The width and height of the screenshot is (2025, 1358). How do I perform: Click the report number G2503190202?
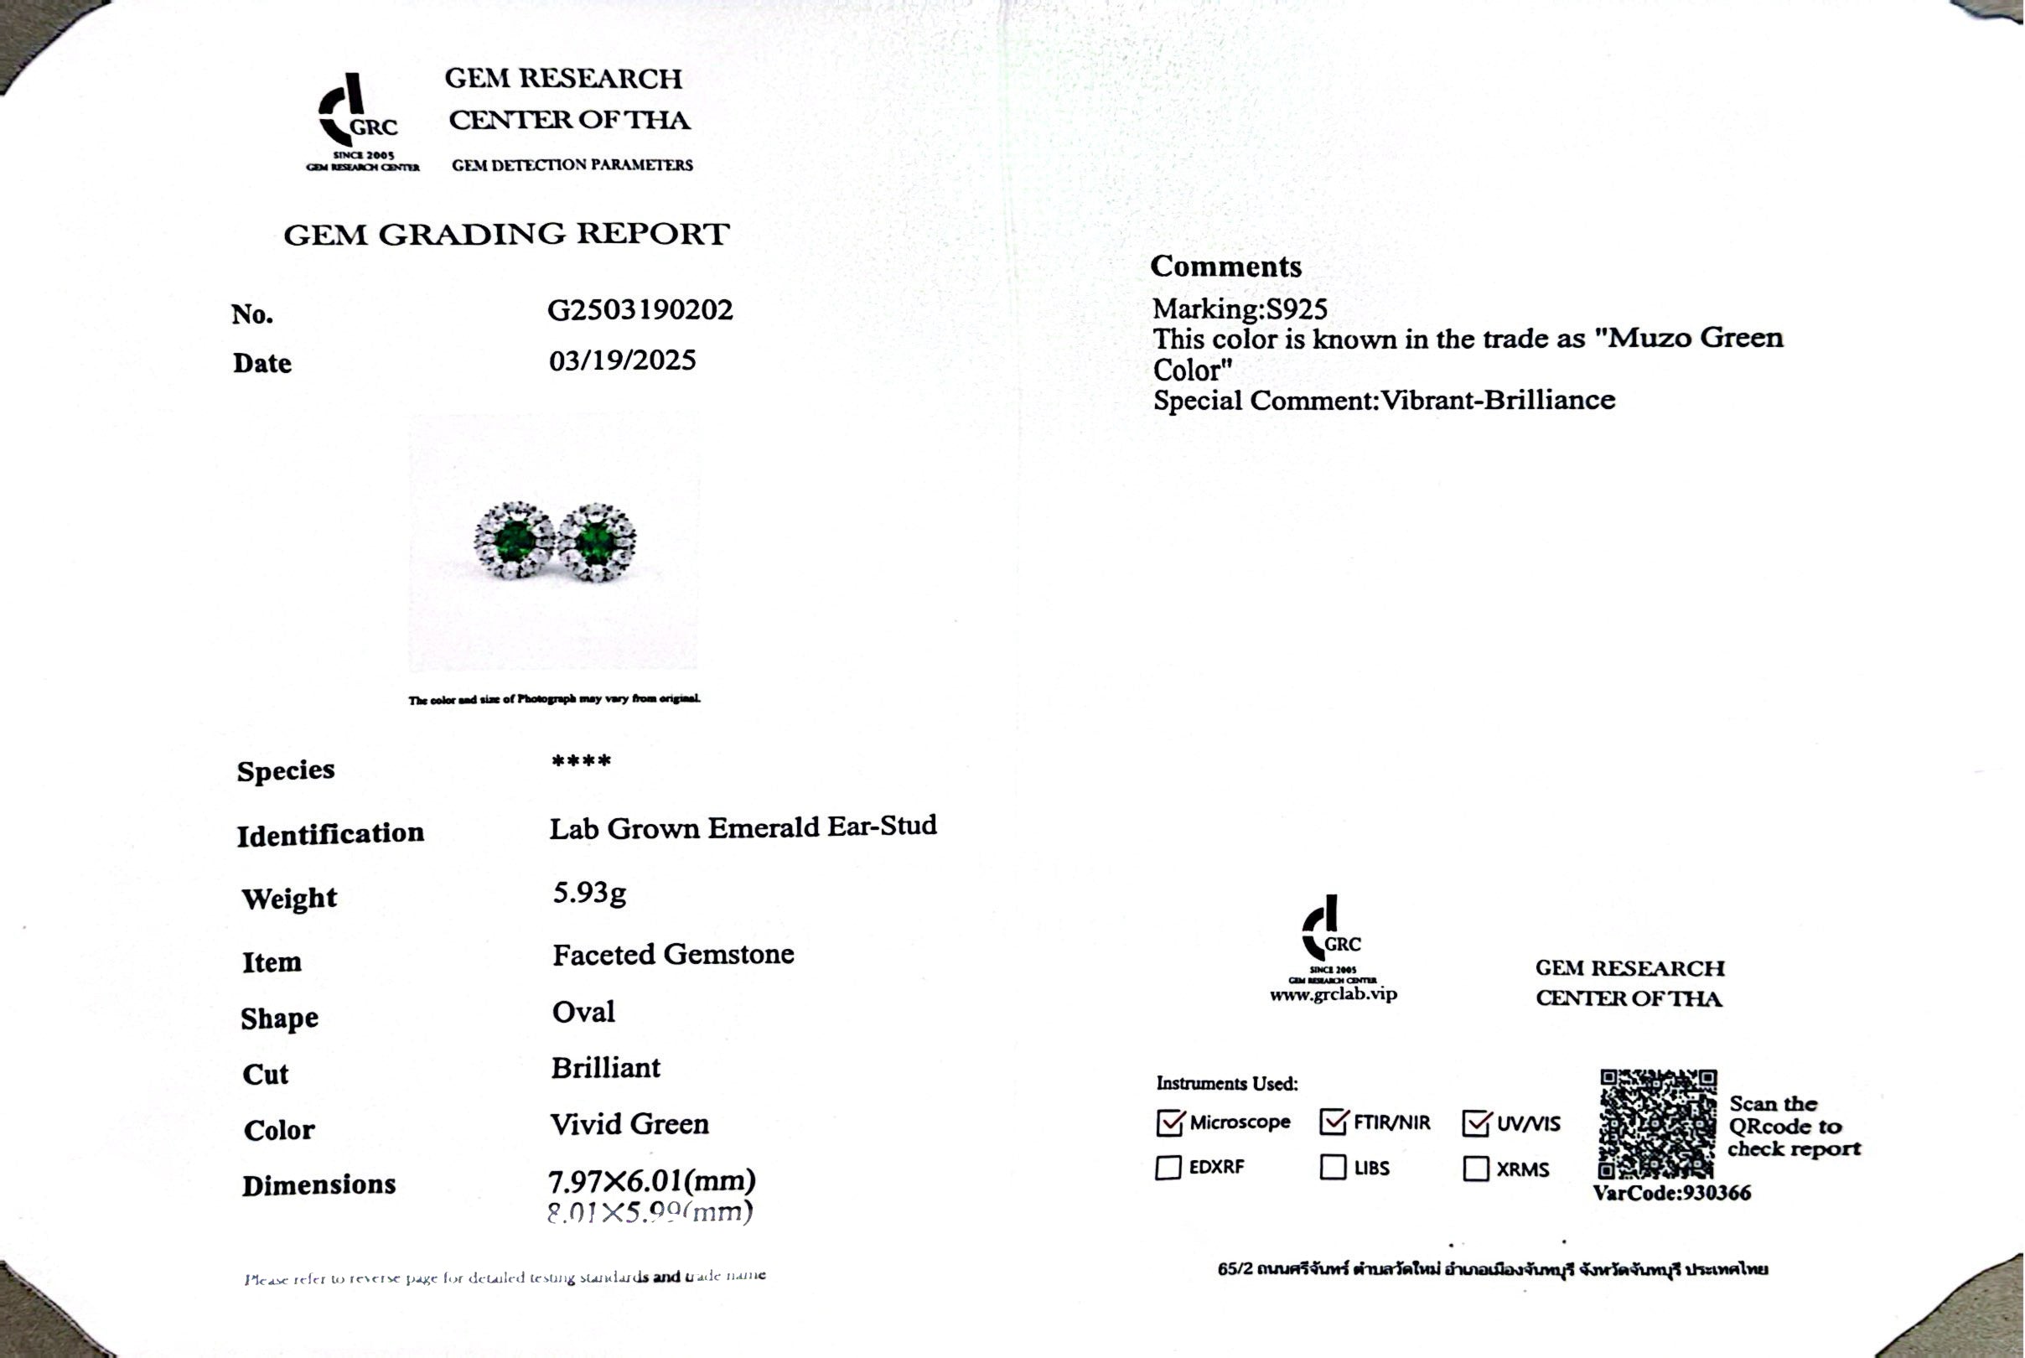[x=640, y=310]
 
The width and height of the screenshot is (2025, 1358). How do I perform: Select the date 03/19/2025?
[x=622, y=360]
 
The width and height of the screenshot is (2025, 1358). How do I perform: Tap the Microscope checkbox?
[x=1168, y=1122]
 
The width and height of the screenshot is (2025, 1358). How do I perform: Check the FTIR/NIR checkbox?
[x=1334, y=1122]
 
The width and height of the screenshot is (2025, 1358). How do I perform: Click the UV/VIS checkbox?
[x=1476, y=1122]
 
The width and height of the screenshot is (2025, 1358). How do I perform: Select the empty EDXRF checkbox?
[x=1168, y=1168]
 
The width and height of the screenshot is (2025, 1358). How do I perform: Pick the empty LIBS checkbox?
[x=1333, y=1168]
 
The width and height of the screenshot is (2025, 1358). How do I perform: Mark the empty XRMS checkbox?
[x=1475, y=1169]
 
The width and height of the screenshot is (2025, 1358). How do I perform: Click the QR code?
[x=1657, y=1123]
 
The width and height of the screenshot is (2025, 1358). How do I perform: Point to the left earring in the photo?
[x=515, y=541]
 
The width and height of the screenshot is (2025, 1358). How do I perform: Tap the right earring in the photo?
[x=597, y=542]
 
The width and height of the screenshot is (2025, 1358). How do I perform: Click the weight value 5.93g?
[x=588, y=892]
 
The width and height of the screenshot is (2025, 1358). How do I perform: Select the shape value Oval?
[x=583, y=1012]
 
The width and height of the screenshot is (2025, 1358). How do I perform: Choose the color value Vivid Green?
[x=629, y=1124]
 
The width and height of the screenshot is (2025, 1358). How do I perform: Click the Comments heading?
[x=1225, y=267]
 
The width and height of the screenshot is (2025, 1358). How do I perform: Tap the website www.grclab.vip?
[x=1334, y=994]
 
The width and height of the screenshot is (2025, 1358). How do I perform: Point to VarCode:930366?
[x=1671, y=1194]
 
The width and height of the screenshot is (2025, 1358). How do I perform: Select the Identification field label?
[x=331, y=834]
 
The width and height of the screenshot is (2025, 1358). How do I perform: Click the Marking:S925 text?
[x=1239, y=309]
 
